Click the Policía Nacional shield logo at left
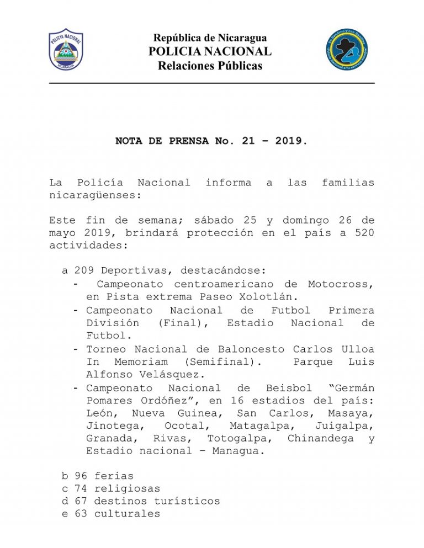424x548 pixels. point(66,50)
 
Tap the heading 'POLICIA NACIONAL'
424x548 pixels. point(210,52)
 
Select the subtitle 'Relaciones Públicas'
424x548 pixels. point(210,66)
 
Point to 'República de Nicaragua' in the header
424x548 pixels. point(210,38)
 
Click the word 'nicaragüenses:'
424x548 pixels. point(88,195)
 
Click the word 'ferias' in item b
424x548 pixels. point(114,476)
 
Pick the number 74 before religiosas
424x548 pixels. point(81,488)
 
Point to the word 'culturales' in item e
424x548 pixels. point(127,514)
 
